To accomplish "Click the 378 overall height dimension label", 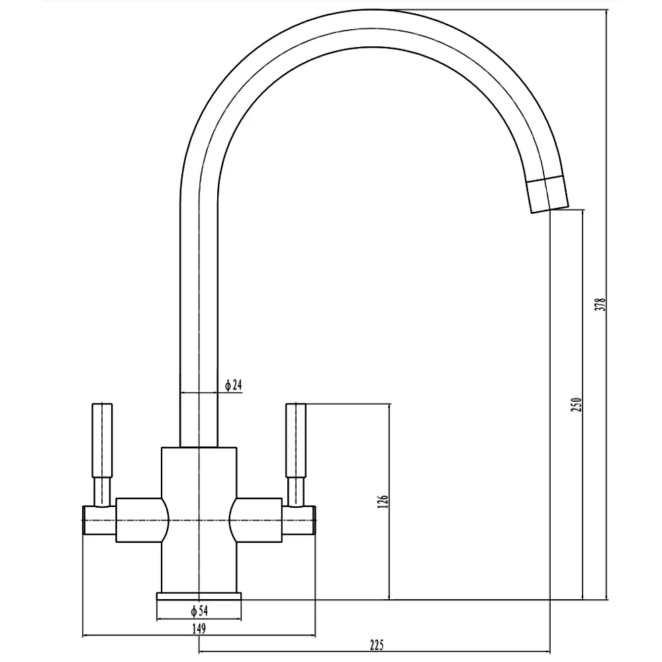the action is coord(600,305).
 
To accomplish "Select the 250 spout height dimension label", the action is coord(577,404).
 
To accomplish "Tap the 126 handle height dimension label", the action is coord(383,501).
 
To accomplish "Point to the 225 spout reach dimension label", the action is coord(377,645).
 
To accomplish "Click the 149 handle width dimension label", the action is coord(199,629).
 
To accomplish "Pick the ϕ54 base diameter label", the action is coord(199,610).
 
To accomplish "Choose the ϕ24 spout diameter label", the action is coord(234,385).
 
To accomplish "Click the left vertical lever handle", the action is coord(102,440).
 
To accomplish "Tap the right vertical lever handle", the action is coord(295,440).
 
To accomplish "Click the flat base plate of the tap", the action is coord(199,596).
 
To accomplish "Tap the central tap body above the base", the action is coord(199,519).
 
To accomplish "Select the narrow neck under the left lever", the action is coord(102,492).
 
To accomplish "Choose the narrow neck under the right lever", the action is coord(295,492).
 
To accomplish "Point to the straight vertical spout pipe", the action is coord(199,321).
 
